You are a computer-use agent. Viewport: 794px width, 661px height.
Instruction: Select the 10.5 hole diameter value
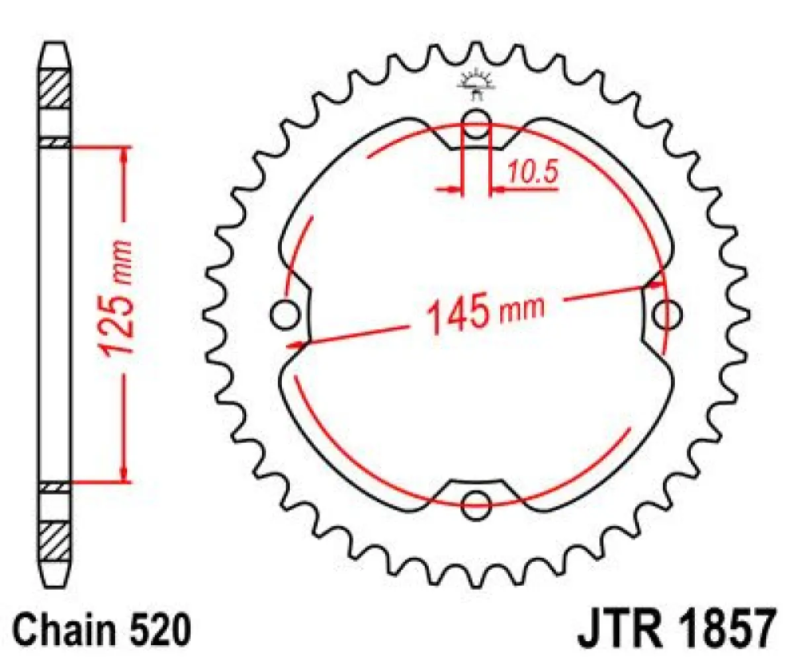click(533, 173)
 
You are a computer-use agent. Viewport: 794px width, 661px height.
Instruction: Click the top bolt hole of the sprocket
click(476, 122)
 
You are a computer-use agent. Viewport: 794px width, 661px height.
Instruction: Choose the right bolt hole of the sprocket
click(666, 315)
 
